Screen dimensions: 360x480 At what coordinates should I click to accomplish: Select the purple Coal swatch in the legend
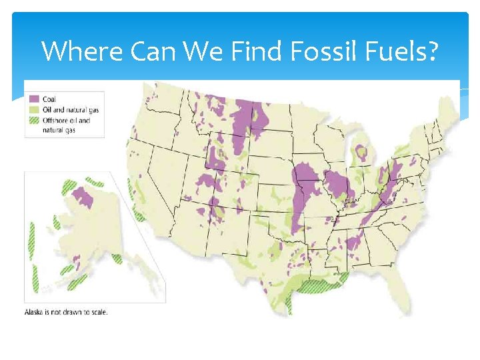coord(33,99)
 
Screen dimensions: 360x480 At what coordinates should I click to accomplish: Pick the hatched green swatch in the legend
coord(33,121)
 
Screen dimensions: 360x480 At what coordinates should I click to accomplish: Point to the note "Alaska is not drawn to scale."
coord(65,311)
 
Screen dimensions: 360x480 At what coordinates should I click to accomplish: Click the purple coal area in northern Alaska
coord(83,197)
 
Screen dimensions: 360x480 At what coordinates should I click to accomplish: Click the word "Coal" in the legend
coord(50,99)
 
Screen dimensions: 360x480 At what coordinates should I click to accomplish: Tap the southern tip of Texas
coord(288,308)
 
